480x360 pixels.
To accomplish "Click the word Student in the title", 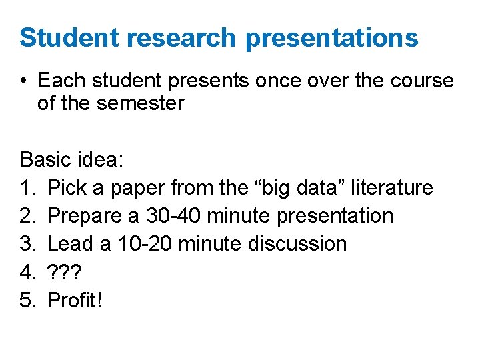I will (68, 38).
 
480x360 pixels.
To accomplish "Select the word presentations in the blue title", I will (332, 39).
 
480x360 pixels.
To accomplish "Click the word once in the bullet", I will (275, 81).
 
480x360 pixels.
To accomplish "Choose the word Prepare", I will (87, 216).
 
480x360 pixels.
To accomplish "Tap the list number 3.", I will (27, 244).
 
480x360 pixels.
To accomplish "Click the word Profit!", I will (75, 300).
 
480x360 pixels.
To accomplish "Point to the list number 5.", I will (27, 300).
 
